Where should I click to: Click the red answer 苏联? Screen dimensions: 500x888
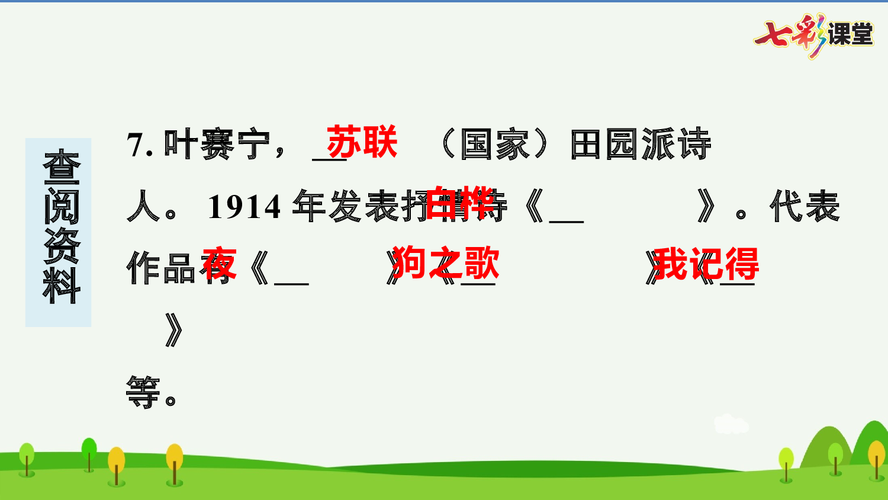point(362,143)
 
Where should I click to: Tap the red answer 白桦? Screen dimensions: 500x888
point(460,203)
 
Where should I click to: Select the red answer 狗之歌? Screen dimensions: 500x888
point(445,264)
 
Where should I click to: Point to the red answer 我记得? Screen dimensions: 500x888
point(706,264)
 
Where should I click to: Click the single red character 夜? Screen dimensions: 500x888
point(219,264)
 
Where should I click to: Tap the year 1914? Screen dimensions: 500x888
point(244,207)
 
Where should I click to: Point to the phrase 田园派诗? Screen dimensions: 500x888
point(640,145)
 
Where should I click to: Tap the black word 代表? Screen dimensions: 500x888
point(805,207)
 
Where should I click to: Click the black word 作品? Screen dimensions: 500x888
point(161,268)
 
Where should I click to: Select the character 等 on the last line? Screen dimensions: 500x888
point(143,392)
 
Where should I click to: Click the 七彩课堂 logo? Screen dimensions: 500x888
point(814,34)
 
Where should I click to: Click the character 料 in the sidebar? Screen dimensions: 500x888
point(61,286)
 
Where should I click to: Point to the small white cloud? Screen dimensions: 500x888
point(731,423)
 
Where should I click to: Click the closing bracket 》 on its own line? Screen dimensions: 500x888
point(174,329)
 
